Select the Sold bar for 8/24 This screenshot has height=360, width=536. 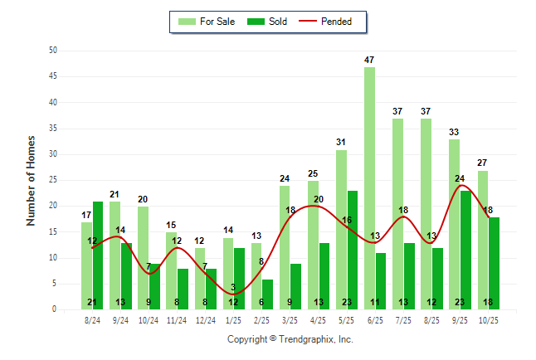coord(98,249)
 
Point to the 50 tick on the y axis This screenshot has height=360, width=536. coord(52,51)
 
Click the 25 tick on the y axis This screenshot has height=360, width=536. coord(52,180)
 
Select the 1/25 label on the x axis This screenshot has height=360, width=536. coord(234,319)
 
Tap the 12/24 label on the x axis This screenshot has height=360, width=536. coord(205,319)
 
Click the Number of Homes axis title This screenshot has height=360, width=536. coord(32,180)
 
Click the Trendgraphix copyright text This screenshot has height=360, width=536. coord(290,339)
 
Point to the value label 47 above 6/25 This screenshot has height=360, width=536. coord(369,60)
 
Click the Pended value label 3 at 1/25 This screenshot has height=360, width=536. coord(233,288)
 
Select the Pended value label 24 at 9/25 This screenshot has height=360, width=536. coord(460,178)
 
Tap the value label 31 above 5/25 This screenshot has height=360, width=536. coord(341,143)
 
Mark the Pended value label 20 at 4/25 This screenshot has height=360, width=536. coord(319,199)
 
